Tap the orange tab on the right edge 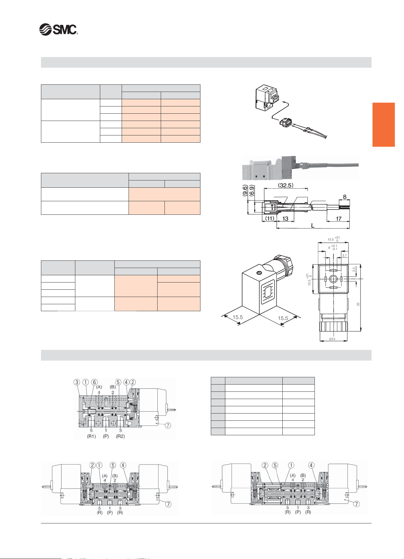[384, 125]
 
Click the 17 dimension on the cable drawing [338, 219]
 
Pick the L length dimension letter [312, 226]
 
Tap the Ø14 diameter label [332, 339]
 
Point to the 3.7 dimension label [344, 256]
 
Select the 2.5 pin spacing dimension [354, 269]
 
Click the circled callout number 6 [94, 382]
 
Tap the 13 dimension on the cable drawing [285, 219]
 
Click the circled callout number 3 [77, 382]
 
